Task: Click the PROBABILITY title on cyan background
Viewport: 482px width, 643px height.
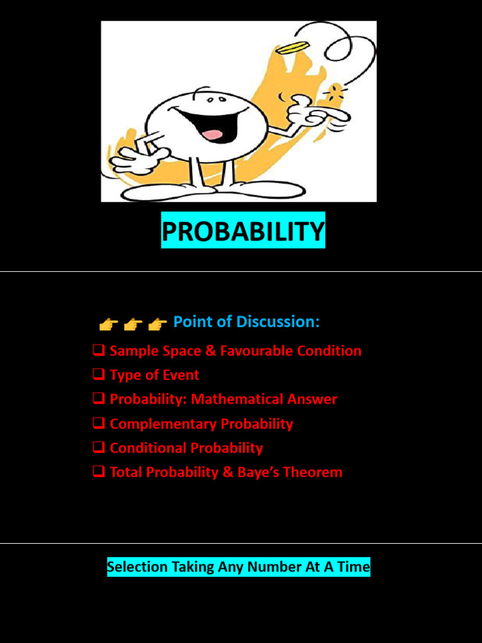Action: tap(243, 232)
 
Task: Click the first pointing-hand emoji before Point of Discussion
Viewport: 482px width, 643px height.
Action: tap(108, 324)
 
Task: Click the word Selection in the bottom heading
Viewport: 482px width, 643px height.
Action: tap(137, 568)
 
